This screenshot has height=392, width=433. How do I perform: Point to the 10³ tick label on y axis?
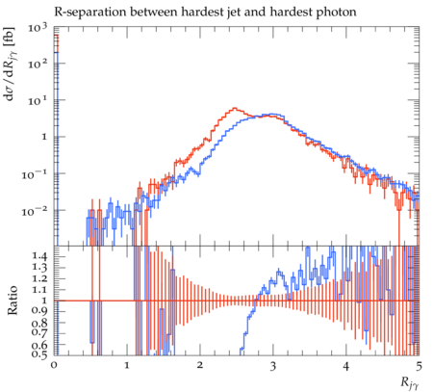[38, 28]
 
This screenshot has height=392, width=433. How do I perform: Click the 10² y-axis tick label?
[38, 65]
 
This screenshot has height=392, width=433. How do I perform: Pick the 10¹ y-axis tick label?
[38, 101]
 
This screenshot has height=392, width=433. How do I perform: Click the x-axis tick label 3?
[272, 366]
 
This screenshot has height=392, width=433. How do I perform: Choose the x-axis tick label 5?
[419, 366]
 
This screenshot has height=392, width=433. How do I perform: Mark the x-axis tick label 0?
[54, 366]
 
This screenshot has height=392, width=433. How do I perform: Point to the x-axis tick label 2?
[200, 366]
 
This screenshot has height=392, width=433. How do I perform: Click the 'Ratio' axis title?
[13, 300]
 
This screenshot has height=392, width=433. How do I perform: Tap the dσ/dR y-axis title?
[12, 64]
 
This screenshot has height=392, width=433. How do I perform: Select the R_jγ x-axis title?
[410, 383]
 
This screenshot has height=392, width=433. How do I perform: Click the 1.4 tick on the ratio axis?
[39, 256]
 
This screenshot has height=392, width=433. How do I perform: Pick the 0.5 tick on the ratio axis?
[39, 354]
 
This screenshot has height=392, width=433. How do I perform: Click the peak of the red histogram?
[235, 108]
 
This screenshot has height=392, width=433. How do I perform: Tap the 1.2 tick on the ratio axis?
[39, 278]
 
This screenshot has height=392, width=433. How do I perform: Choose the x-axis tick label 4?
[345, 366]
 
